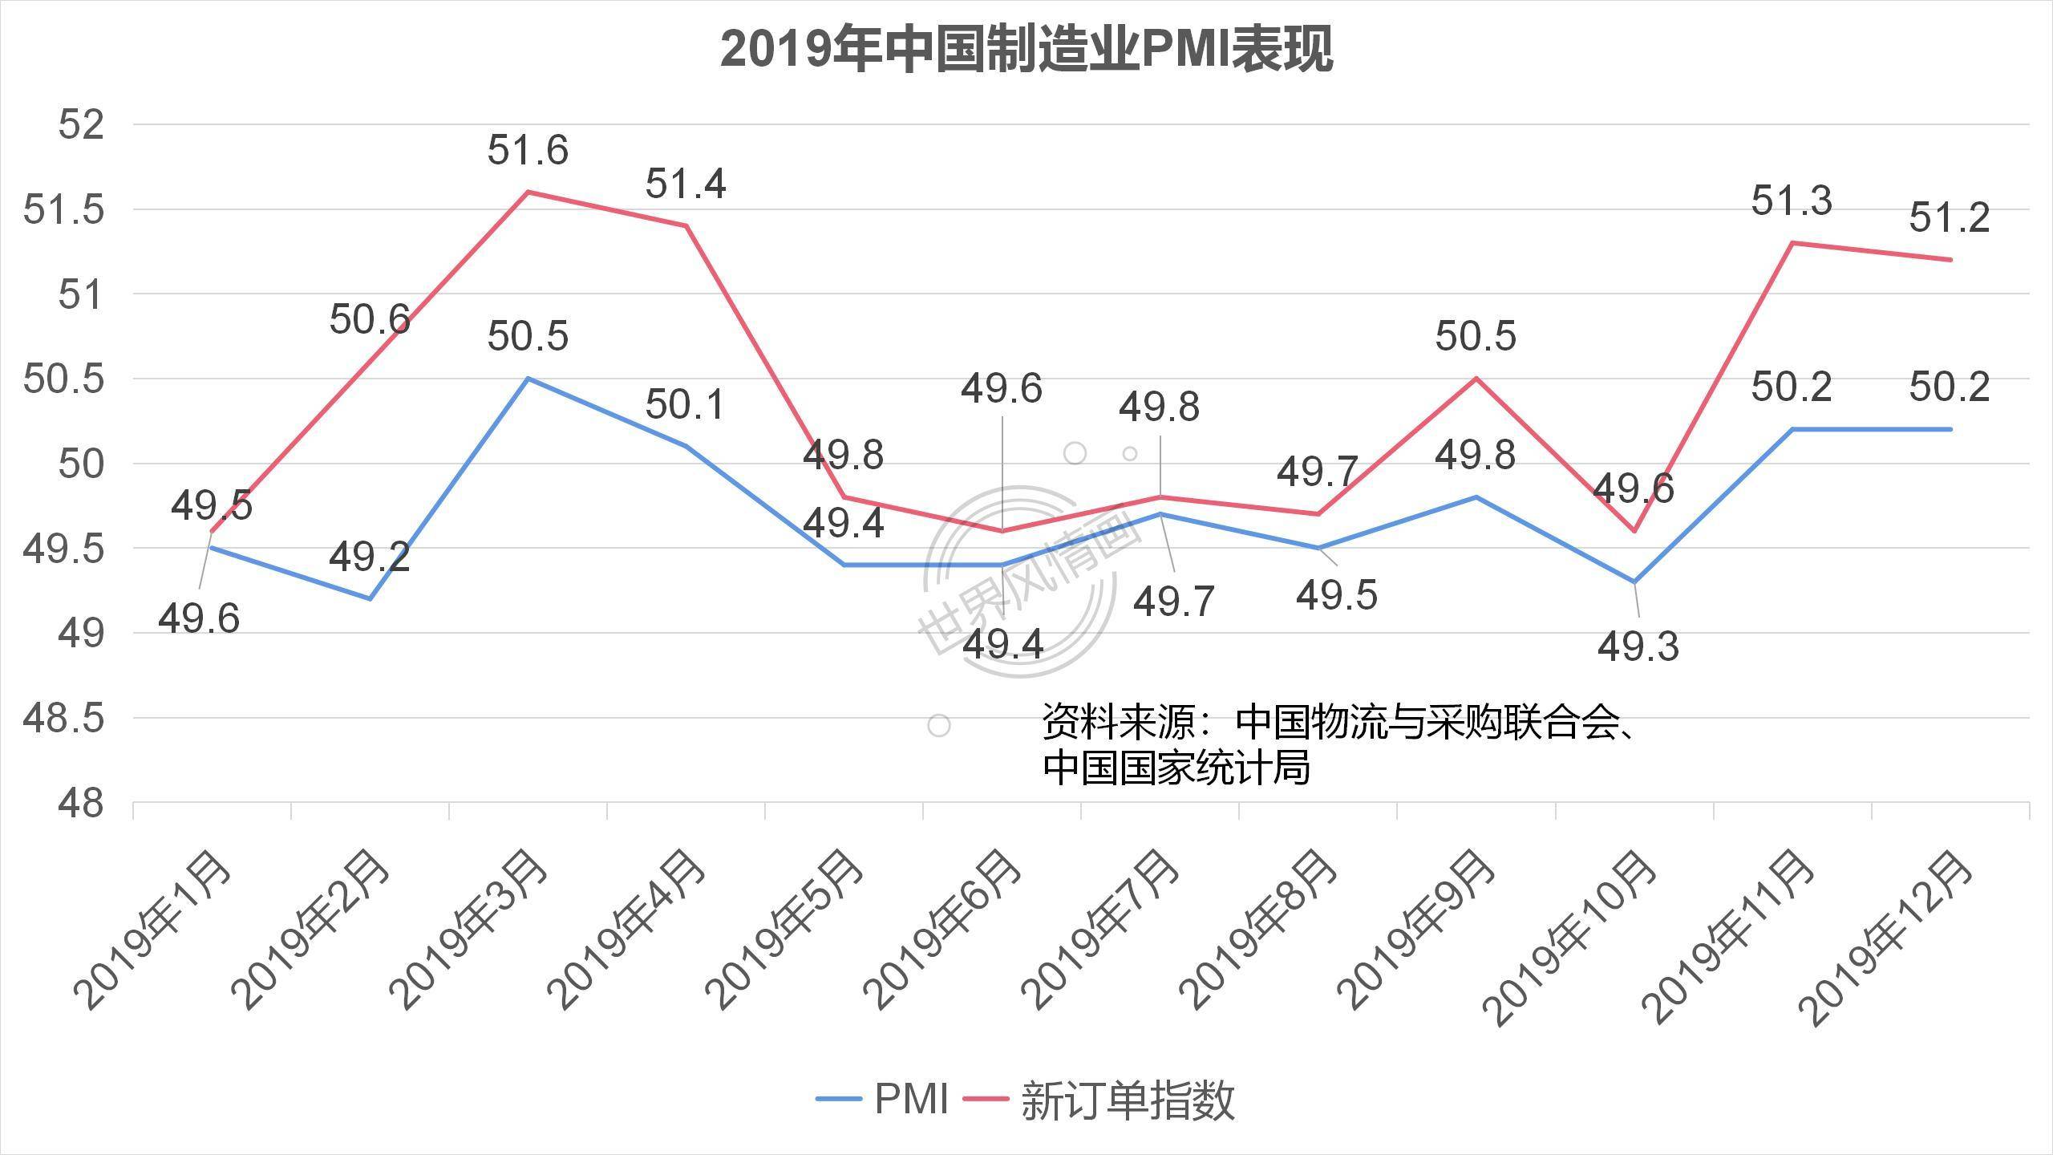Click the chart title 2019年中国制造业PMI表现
(1026, 50)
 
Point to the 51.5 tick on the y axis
(64, 210)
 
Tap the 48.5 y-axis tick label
(64, 719)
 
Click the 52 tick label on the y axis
(81, 126)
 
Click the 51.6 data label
(528, 150)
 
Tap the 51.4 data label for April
(686, 184)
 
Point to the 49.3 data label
(1638, 646)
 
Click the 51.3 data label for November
(1791, 201)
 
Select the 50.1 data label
(686, 404)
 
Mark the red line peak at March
(528, 192)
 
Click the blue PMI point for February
(370, 598)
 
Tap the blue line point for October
(1634, 582)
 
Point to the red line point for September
(1476, 378)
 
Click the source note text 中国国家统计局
(1176, 768)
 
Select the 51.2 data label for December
(1950, 217)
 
